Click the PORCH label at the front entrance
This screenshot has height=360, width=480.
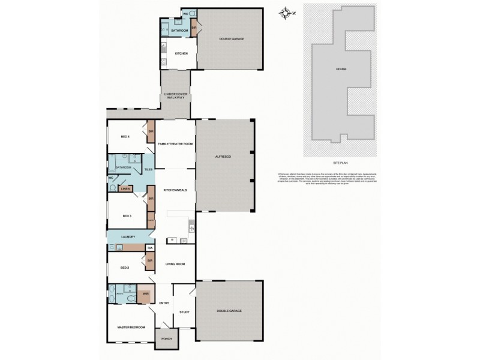click(166, 339)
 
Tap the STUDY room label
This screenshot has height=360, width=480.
click(184, 313)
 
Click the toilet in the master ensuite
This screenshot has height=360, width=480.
click(113, 295)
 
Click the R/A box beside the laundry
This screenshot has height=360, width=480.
click(149, 247)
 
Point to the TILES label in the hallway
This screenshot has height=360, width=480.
click(148, 170)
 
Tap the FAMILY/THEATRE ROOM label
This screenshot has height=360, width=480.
click(175, 145)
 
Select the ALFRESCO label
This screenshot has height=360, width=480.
click(223, 156)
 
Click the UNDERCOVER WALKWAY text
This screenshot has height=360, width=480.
click(175, 96)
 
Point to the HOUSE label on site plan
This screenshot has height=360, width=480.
click(341, 69)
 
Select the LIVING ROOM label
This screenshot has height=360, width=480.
click(175, 263)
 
